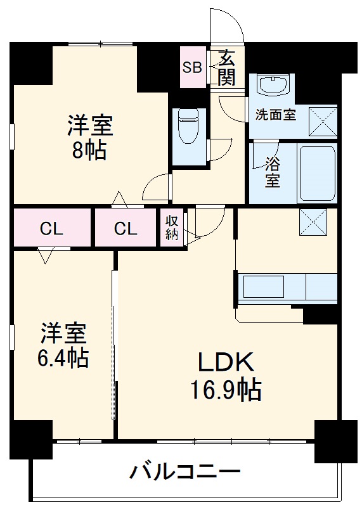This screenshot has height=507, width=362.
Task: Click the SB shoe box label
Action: [x=192, y=66]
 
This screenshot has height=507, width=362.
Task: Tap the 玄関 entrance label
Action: [x=226, y=67]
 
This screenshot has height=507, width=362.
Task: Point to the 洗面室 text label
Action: [x=276, y=115]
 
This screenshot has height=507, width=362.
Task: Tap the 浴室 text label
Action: [x=273, y=172]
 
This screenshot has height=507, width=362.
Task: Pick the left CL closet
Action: [x=52, y=228]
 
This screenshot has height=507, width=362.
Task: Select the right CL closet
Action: [x=126, y=228]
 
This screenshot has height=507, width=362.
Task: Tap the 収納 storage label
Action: [x=172, y=228]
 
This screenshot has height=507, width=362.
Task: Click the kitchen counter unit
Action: [x=287, y=286]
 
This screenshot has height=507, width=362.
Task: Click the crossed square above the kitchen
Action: [x=313, y=222]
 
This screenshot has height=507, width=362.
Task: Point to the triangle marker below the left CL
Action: [x=45, y=256]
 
